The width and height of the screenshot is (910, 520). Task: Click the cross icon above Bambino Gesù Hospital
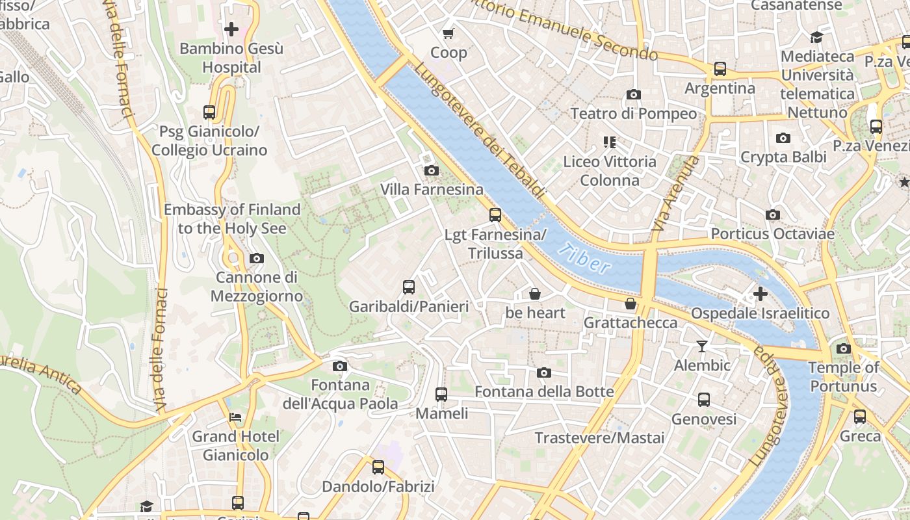[231, 29]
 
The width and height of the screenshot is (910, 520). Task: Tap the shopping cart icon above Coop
[448, 33]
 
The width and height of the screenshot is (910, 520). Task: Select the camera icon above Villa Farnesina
[431, 171]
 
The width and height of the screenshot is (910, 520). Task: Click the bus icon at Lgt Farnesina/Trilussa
[495, 215]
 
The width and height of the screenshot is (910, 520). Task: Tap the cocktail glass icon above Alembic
[702, 346]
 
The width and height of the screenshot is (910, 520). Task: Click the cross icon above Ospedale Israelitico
[760, 294]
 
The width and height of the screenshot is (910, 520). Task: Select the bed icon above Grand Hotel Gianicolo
[235, 417]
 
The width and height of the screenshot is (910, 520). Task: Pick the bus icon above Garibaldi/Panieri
[409, 287]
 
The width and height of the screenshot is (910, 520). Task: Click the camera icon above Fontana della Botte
[544, 372]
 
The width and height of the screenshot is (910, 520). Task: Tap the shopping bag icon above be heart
[535, 294]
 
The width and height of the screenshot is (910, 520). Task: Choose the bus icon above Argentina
[720, 69]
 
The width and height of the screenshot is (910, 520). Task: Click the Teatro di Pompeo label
[633, 114]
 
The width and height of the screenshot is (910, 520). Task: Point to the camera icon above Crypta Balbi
[783, 138]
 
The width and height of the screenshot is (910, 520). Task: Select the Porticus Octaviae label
[772, 233]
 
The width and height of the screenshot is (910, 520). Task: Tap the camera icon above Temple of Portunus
[844, 348]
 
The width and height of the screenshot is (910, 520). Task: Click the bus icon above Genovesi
[704, 400]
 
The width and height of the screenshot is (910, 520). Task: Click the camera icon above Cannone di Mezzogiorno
[257, 259]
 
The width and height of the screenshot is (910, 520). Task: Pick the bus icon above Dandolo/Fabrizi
[378, 467]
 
